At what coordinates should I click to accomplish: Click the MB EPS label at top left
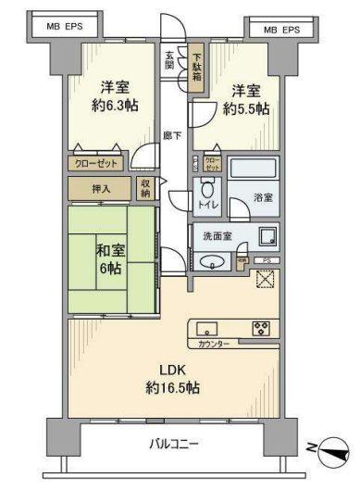[65, 27]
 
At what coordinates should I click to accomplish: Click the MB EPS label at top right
[281, 30]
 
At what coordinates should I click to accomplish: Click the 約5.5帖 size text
[246, 108]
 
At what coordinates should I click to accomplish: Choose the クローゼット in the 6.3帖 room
[95, 162]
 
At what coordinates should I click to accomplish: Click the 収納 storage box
[146, 188]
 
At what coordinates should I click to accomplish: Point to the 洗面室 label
[218, 236]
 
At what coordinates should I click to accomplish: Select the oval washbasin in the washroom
[213, 262]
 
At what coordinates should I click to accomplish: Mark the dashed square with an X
[267, 279]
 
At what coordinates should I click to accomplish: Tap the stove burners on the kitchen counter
[261, 328]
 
